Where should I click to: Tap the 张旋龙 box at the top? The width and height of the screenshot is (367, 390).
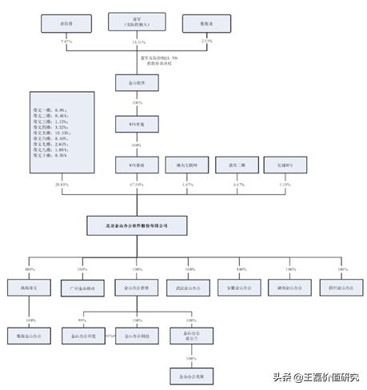pyautogui.click(x=206, y=24)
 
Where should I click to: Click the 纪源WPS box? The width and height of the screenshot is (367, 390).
pyautogui.click(x=276, y=165)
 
